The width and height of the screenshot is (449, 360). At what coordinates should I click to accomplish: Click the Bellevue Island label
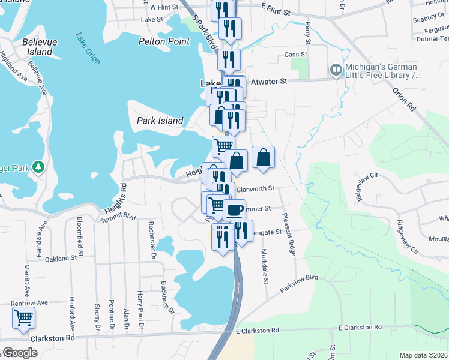[37, 47]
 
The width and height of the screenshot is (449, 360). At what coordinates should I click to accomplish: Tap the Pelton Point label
[164, 41]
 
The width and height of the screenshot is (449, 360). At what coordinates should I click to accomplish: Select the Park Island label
[160, 121]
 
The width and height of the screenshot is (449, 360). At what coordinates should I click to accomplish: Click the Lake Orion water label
[88, 48]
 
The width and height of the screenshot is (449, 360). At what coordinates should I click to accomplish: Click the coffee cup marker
[234, 211]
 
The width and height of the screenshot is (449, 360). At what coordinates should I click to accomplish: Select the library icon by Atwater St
[336, 71]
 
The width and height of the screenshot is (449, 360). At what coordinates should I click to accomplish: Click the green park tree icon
[38, 166]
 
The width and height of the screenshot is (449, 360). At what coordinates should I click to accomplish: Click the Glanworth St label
[255, 188]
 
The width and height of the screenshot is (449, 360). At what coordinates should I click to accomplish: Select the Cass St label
[295, 54]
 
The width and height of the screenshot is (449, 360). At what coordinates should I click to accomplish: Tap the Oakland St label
[62, 258]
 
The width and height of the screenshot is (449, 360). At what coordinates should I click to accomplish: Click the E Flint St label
[276, 11]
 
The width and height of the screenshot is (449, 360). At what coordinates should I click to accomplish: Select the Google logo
[20, 353]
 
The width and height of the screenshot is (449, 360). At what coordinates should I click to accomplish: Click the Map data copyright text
[424, 355]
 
